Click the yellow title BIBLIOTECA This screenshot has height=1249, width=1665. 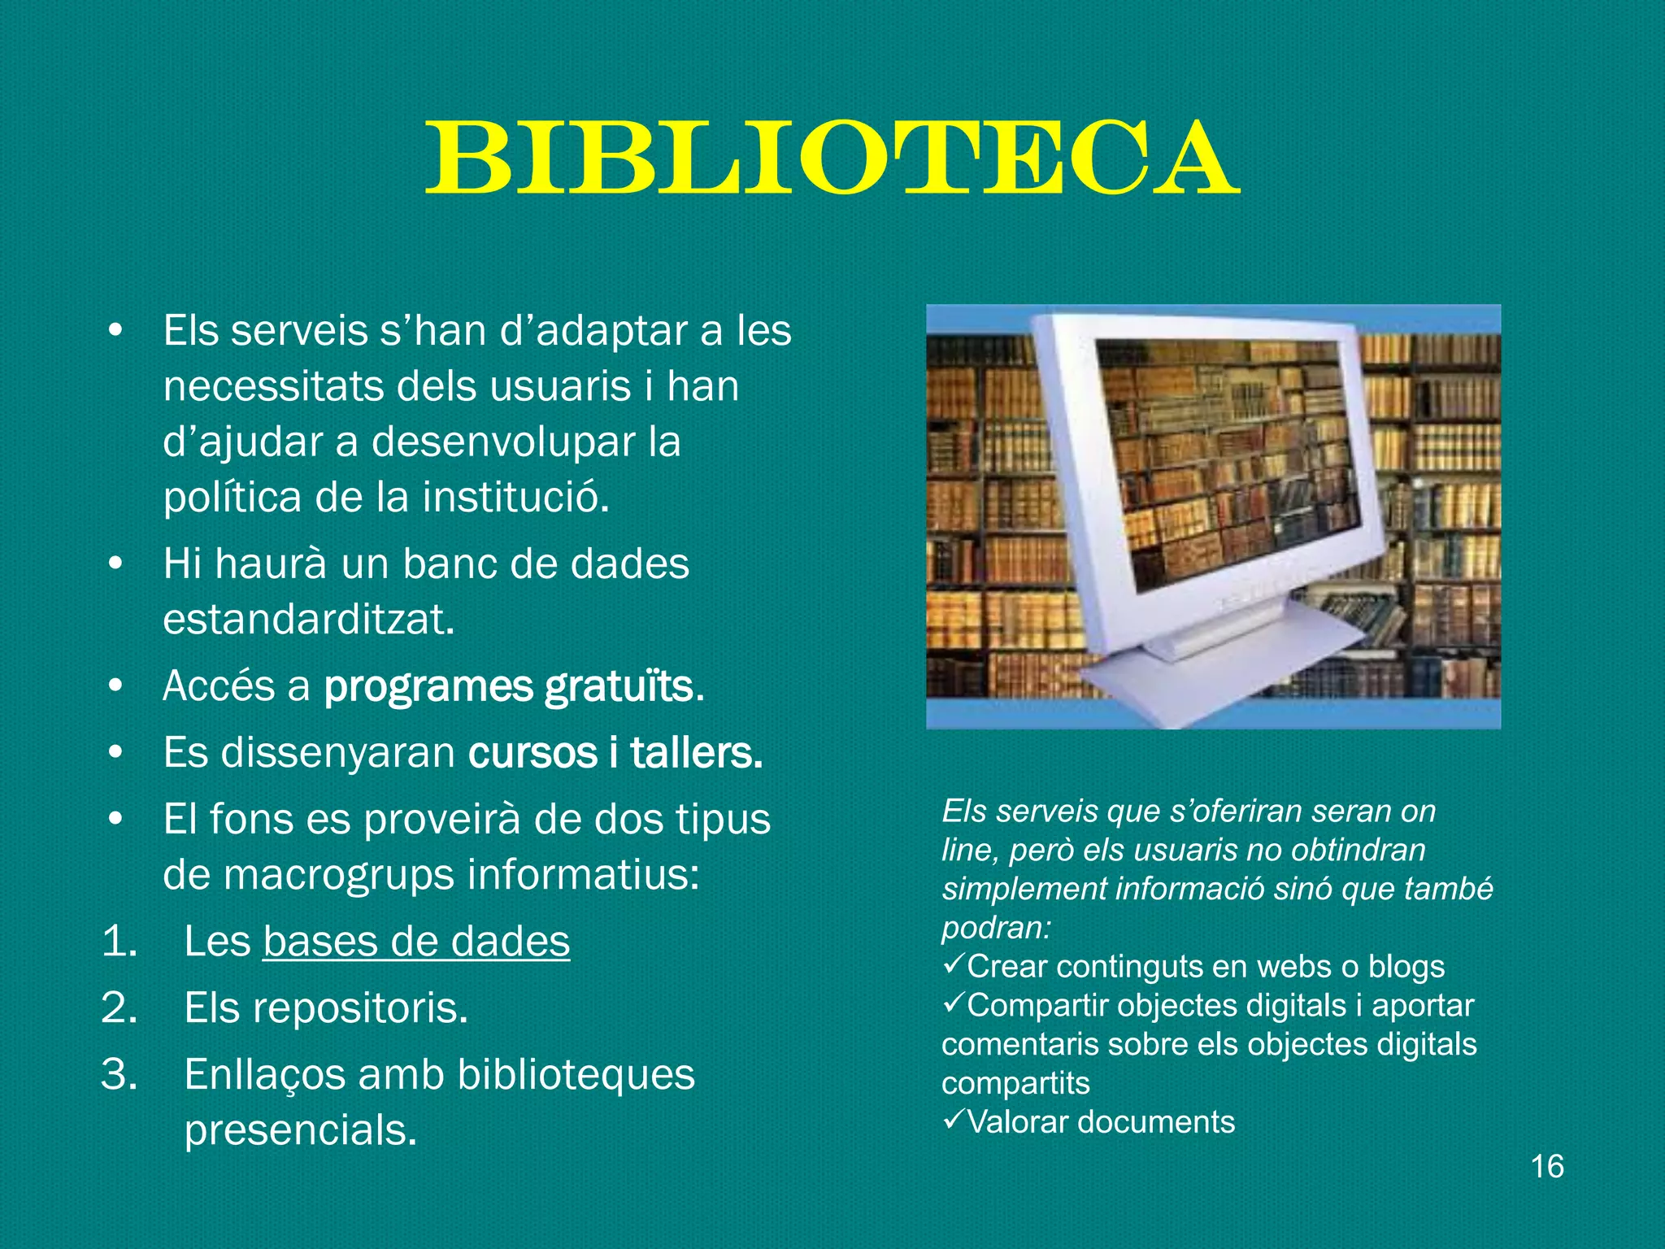(x=832, y=159)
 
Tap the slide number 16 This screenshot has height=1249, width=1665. (x=1547, y=1166)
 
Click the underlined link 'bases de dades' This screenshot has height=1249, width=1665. (x=416, y=942)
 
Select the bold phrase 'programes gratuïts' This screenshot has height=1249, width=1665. (x=510, y=686)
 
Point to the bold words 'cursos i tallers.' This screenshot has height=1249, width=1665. (x=615, y=753)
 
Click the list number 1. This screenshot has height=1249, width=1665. (x=119, y=942)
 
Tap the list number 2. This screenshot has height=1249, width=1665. (x=119, y=1008)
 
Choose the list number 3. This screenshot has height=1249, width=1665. (x=119, y=1075)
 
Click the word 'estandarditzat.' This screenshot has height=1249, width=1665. (x=308, y=620)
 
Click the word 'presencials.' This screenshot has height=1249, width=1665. (x=301, y=1130)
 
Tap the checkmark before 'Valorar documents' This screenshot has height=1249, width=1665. (x=953, y=1120)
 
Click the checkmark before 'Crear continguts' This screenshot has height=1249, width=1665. (x=953, y=964)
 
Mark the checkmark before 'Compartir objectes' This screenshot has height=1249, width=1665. (x=953, y=1003)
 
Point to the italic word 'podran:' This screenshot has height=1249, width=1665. (x=996, y=928)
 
